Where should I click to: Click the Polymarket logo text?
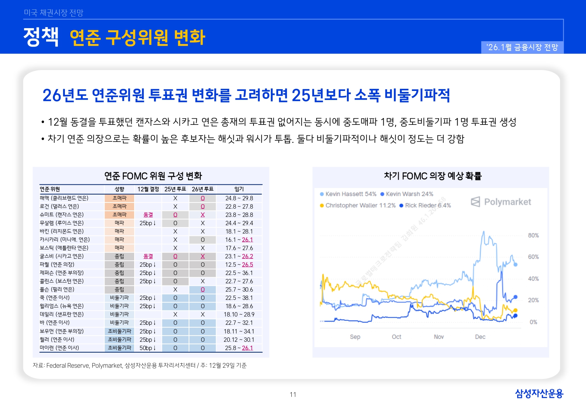[507, 202]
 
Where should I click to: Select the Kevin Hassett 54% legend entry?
[348, 194]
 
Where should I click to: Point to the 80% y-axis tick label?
[533, 235]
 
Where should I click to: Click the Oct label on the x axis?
[396, 337]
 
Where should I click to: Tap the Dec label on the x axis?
[480, 337]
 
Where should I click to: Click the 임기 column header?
[239, 189]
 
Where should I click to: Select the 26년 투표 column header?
[203, 189]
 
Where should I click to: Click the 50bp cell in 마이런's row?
[147, 348]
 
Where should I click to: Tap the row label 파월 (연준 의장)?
[57, 265]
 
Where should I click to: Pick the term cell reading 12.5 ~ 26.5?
[239, 265]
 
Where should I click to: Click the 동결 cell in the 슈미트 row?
[148, 215]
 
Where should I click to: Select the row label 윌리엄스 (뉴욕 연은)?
[62, 306]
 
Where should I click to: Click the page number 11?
[293, 394]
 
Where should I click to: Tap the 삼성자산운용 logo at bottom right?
[539, 393]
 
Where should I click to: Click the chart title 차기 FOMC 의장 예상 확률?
[432, 176]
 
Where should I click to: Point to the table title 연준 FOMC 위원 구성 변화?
[153, 176]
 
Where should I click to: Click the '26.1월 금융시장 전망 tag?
[522, 47]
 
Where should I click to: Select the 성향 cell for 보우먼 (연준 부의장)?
[119, 331]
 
